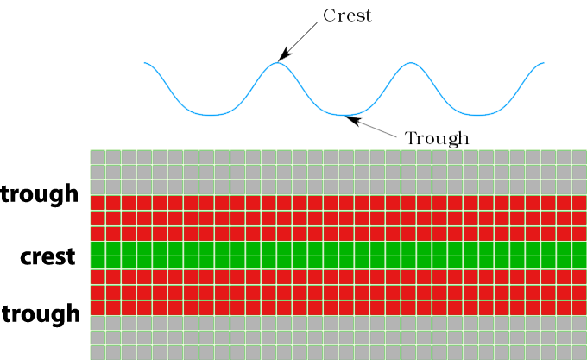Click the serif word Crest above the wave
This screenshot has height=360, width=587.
(347, 16)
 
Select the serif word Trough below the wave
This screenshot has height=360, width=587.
(437, 138)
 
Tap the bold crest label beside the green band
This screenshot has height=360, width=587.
(47, 256)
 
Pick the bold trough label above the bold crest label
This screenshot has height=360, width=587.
(40, 194)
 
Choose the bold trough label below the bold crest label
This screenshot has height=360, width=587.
(41, 313)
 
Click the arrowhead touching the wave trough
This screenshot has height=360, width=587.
(352, 121)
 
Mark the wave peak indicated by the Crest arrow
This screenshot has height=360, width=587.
(277, 63)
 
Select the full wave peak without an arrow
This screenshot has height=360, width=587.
(411, 63)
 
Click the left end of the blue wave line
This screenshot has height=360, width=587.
(145, 63)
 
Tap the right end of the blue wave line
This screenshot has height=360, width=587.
(544, 63)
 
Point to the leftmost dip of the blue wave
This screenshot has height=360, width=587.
(211, 115)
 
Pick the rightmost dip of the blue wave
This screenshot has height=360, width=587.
(477, 115)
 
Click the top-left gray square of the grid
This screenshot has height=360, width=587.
(98, 157)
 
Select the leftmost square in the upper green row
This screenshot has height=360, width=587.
(98, 249)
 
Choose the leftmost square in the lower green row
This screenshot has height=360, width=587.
(98, 262)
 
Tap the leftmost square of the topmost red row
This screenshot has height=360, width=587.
(98, 203)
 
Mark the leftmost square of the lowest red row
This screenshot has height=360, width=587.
(98, 308)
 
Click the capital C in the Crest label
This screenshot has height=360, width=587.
(329, 16)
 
